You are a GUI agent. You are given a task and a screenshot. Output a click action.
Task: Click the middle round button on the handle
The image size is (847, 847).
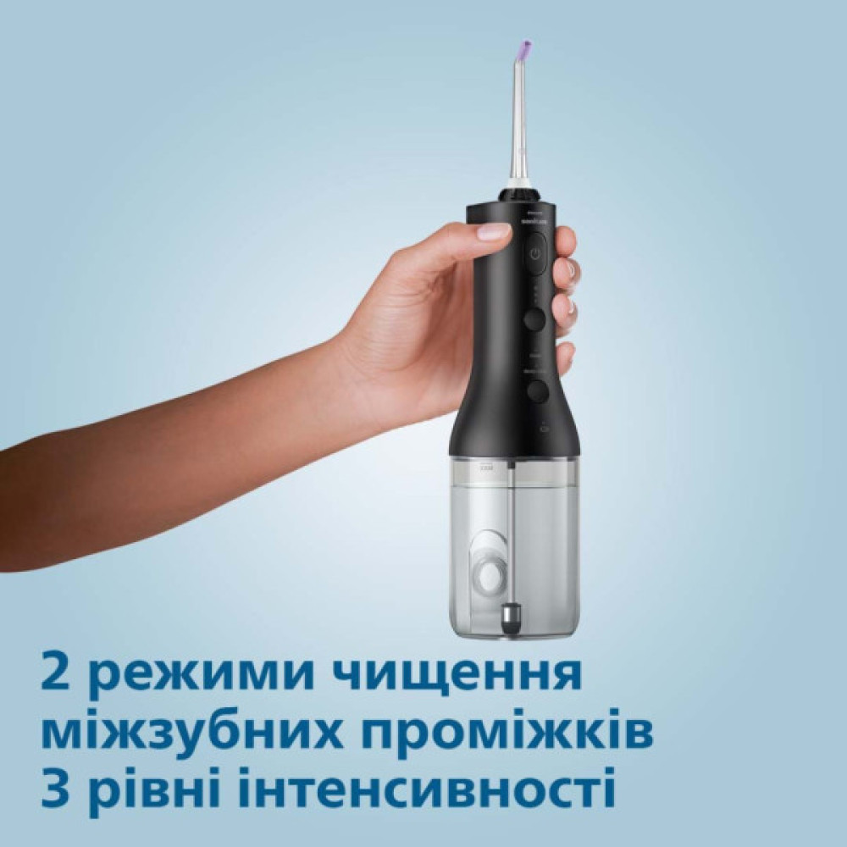click(x=534, y=319)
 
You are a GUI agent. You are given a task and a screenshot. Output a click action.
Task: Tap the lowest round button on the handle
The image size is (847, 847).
click(x=537, y=390)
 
